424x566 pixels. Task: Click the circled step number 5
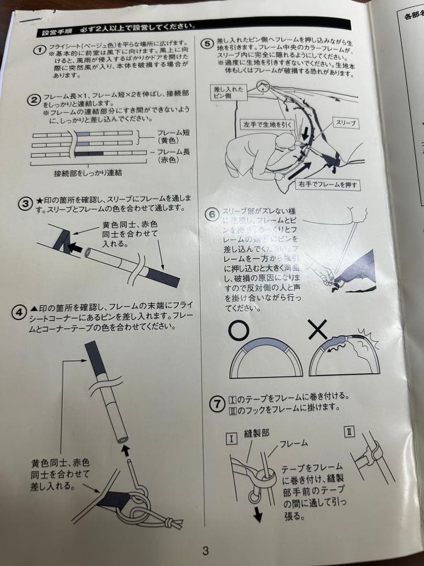pos(208,43)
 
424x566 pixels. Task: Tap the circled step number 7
pos(218,404)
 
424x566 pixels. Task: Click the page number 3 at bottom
pos(206,550)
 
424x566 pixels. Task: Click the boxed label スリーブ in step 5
pos(344,123)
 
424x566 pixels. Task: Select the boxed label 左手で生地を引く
pos(266,125)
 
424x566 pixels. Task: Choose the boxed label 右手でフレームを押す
pos(329,185)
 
